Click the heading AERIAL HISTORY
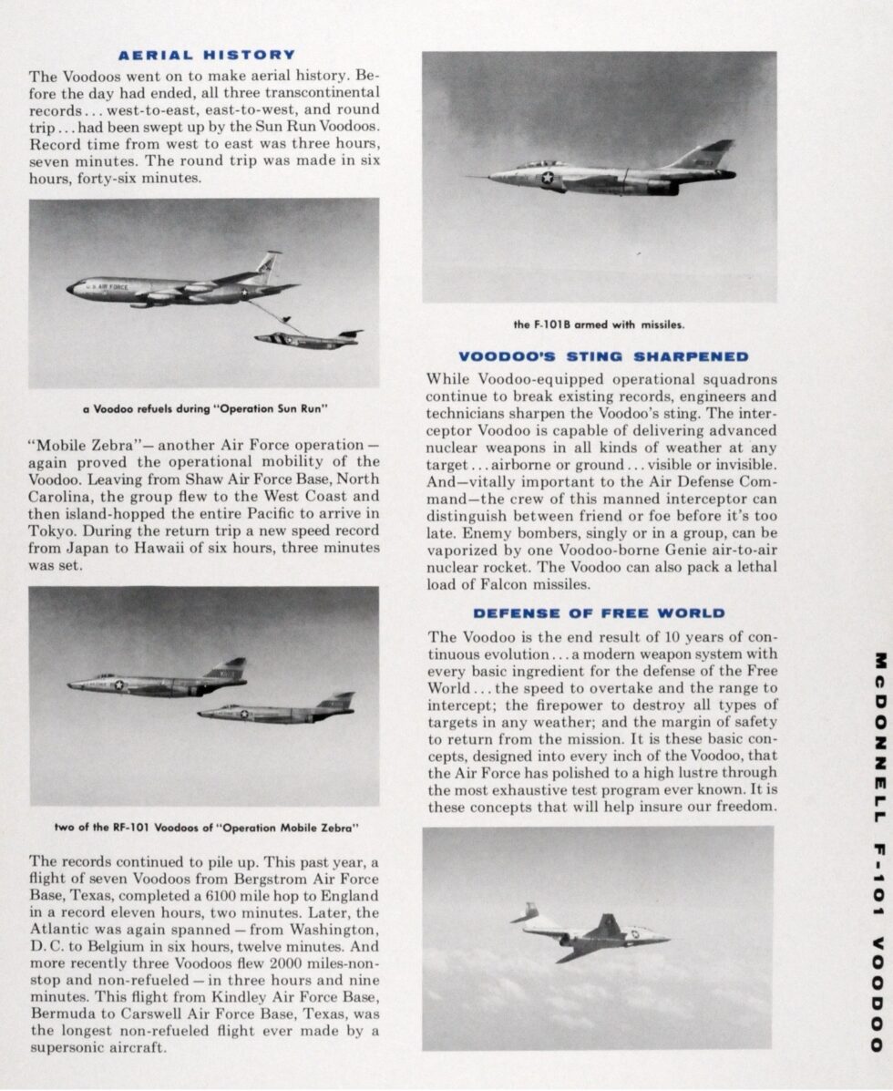[x=207, y=55]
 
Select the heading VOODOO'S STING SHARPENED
[x=602, y=356]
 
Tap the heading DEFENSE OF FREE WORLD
[x=599, y=613]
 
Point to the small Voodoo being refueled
[x=308, y=340]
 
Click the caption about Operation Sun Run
[x=203, y=409]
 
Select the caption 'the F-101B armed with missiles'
[x=599, y=324]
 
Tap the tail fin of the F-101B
[x=705, y=157]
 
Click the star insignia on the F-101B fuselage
[x=548, y=178]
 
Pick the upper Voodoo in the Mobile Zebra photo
[x=159, y=681]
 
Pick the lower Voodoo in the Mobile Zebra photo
[x=277, y=710]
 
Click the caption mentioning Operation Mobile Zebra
[x=207, y=829]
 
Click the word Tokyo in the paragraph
[x=52, y=528]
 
